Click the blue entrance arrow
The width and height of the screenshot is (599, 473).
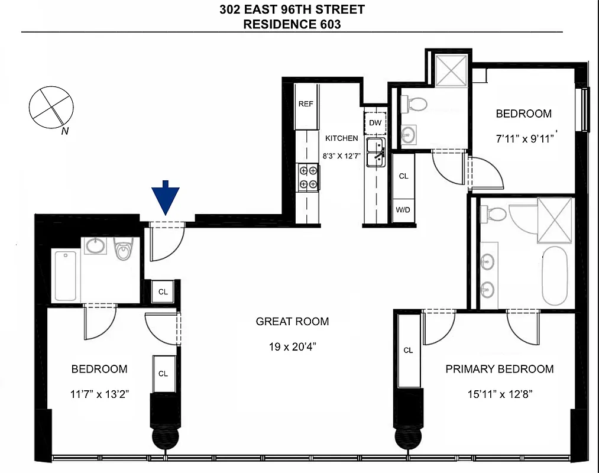166,199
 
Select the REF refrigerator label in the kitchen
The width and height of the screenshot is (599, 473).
306,104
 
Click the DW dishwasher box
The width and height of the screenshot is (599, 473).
375,123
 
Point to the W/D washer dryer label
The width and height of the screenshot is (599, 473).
403,210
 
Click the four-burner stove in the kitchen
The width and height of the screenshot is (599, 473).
308,177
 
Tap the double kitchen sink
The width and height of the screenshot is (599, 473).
375,153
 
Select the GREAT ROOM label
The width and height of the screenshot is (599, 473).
292,322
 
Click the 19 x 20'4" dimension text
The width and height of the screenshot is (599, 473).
292,346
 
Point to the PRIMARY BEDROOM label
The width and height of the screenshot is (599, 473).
499,369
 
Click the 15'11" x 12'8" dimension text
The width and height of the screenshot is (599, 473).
499,394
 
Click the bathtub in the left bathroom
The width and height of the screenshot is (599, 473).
66,275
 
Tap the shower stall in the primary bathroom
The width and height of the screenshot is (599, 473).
555,220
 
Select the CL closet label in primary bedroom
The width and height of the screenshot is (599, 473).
408,350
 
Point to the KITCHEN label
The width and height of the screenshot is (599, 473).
342,138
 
